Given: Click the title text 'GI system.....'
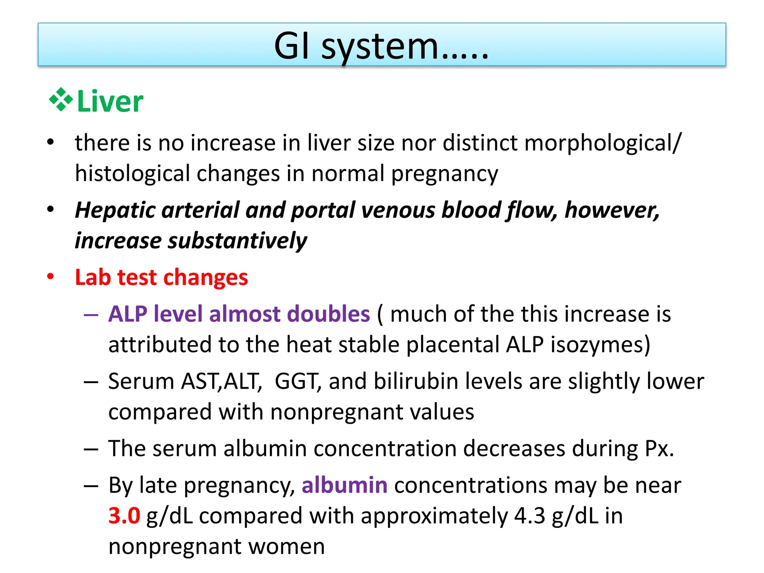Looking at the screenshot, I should click(x=381, y=46).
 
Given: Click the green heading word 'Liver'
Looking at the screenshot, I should click(x=110, y=101).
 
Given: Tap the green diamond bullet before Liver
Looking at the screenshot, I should click(x=61, y=100).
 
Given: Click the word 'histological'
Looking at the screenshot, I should click(x=132, y=174).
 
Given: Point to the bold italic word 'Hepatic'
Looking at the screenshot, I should click(x=115, y=210).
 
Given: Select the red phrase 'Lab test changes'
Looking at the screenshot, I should click(x=161, y=278).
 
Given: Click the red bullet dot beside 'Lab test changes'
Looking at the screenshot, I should click(x=50, y=277).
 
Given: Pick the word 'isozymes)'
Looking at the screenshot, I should click(x=600, y=345).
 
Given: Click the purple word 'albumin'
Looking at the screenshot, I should click(x=344, y=485).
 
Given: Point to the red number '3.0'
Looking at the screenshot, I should click(x=124, y=516).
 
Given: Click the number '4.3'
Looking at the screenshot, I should click(x=530, y=516).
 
